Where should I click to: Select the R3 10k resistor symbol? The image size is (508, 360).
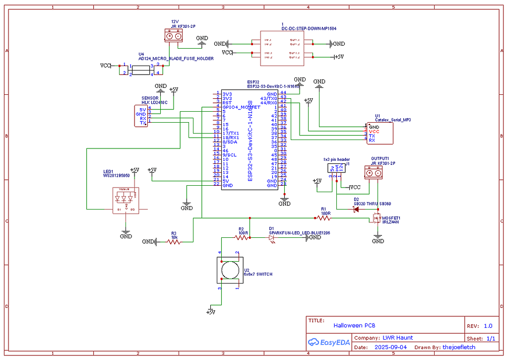174,242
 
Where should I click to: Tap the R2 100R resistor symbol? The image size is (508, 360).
242,238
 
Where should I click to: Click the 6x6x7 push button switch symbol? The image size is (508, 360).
229,271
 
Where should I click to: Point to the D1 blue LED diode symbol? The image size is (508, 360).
272,238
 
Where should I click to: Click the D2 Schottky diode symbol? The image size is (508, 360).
356,209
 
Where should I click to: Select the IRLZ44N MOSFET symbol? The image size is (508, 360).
377,218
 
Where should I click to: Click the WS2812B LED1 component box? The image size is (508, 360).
126,201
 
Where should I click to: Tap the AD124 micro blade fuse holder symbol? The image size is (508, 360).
142,70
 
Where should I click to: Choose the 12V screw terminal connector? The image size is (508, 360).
174,36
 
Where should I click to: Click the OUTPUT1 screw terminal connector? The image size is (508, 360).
374,172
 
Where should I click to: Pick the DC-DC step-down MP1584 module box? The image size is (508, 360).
282,48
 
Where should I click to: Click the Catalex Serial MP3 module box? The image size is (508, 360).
379,134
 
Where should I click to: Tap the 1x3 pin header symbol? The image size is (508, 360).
336,168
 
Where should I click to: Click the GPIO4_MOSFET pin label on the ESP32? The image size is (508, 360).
241,107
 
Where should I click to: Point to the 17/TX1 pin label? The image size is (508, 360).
231,134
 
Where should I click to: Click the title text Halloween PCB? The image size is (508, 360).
354,326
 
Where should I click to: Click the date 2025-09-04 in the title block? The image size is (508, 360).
390,348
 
